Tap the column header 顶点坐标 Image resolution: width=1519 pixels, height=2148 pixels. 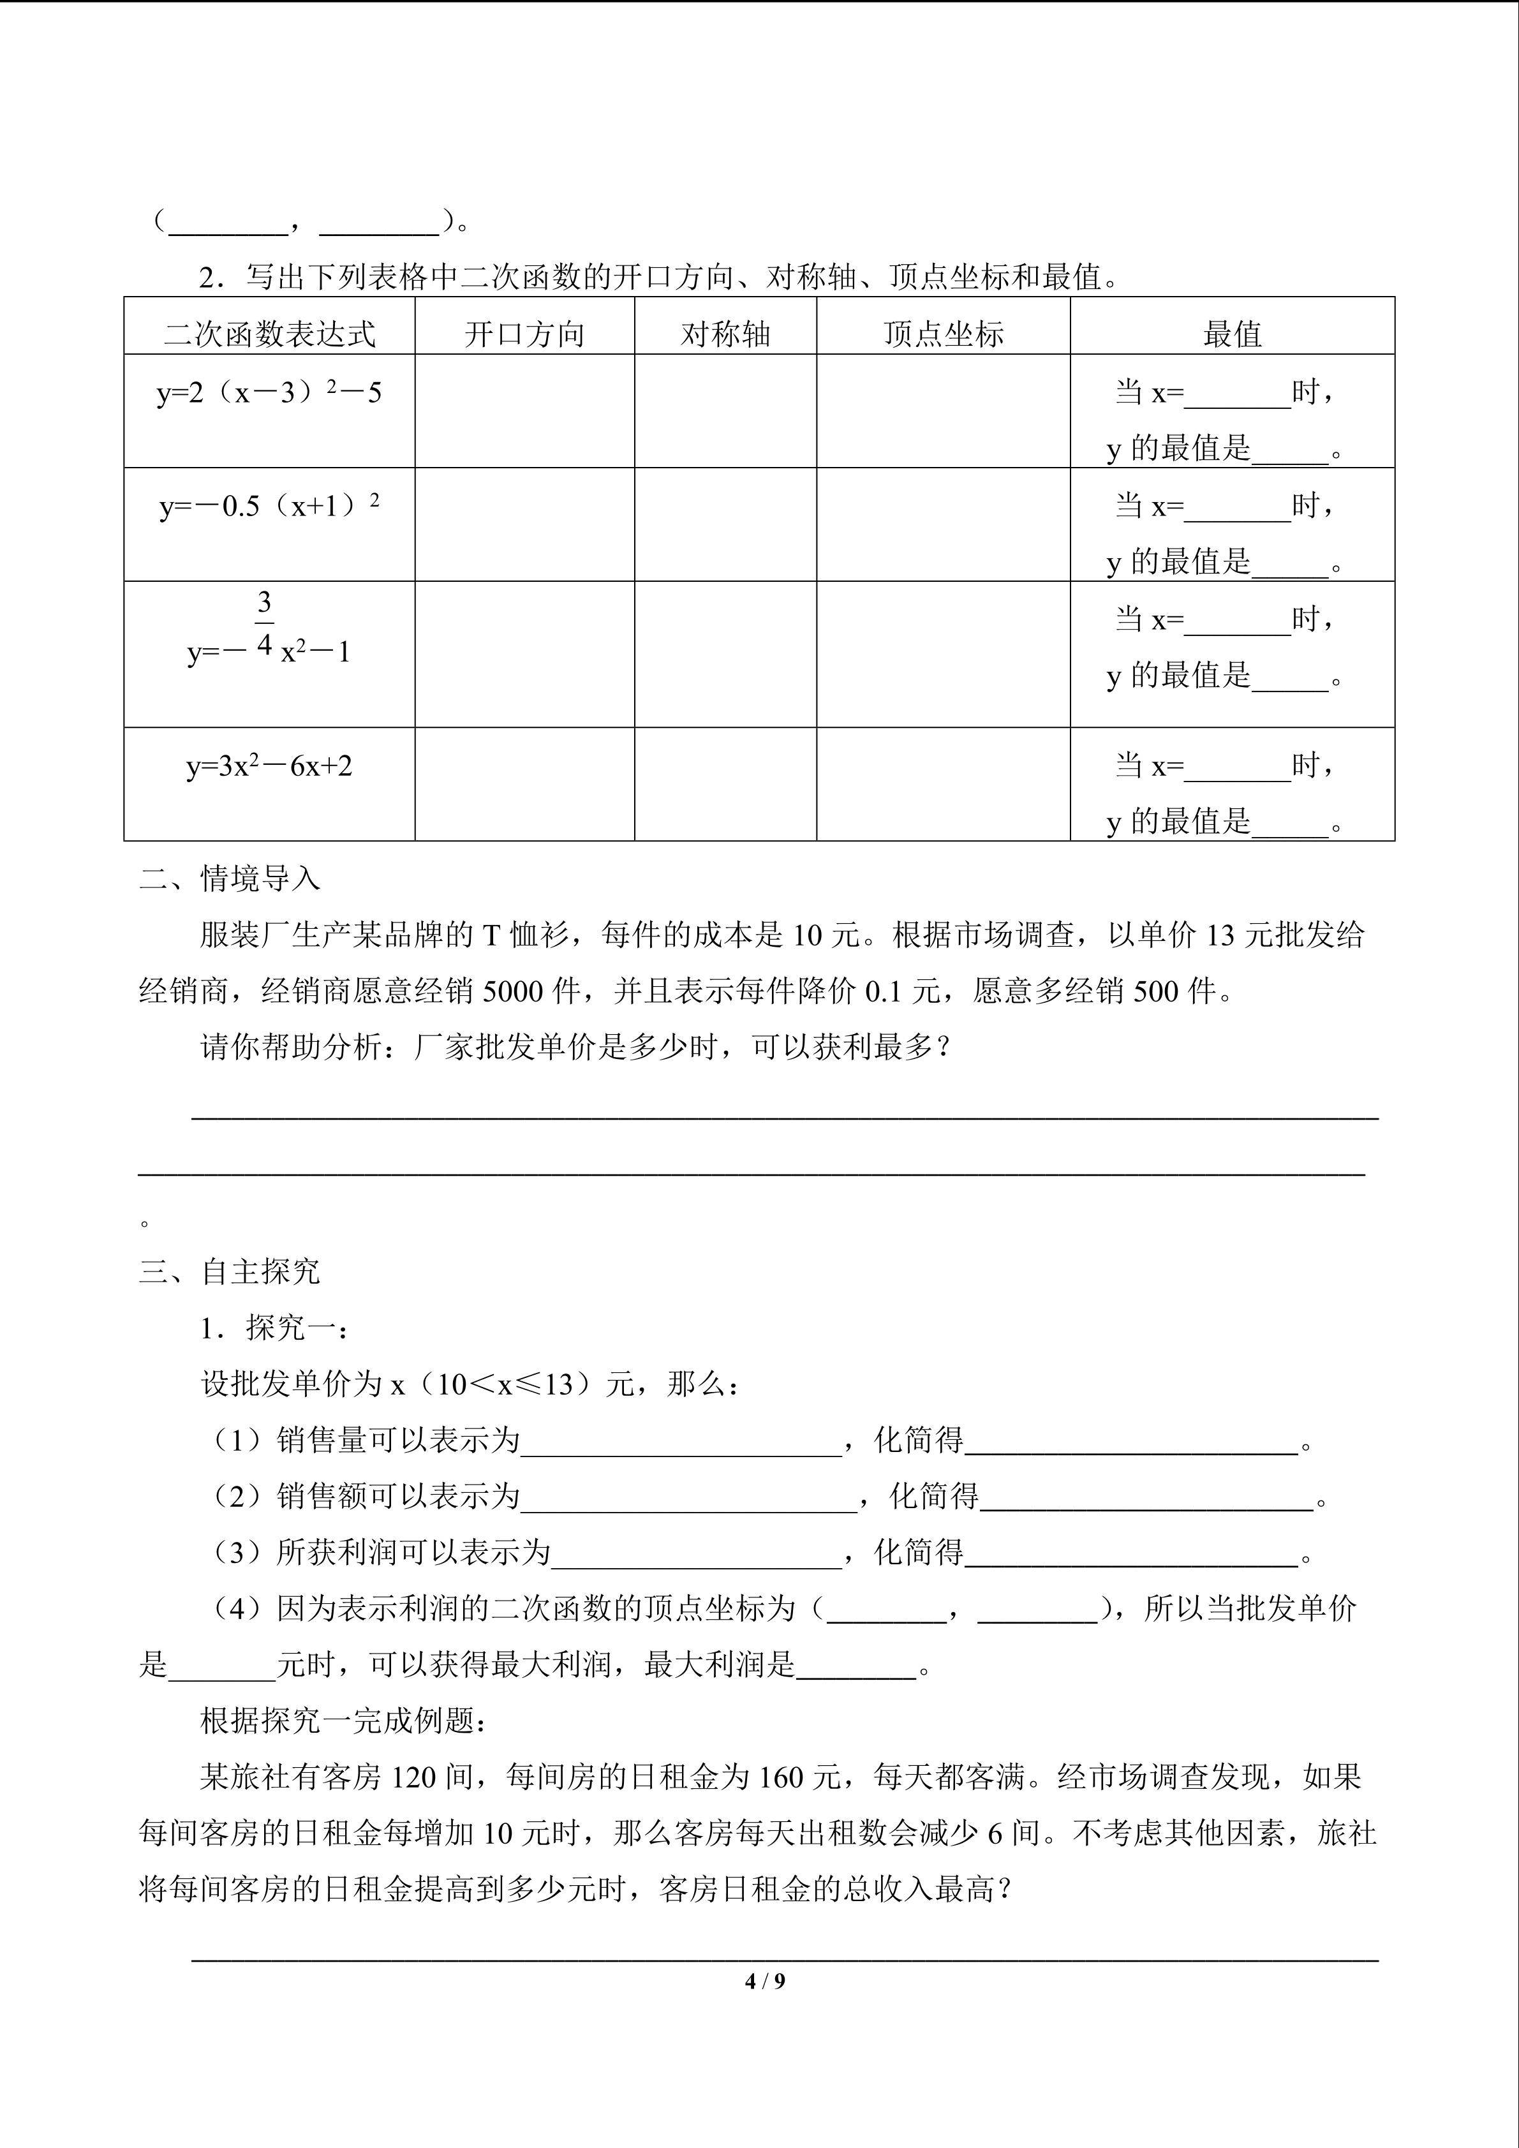click(943, 334)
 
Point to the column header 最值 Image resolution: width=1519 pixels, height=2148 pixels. click(1232, 334)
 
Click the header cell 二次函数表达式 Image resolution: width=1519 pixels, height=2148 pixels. click(269, 334)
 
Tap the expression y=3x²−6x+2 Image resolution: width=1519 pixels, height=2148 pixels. click(269, 766)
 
